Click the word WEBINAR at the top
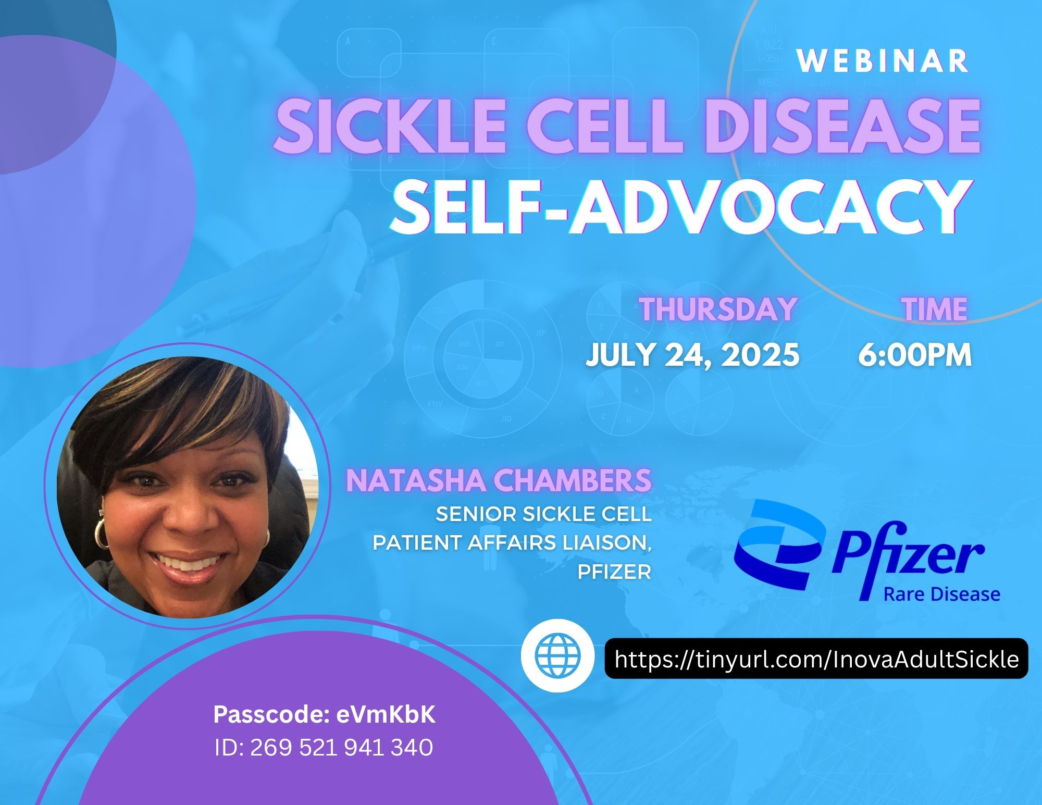coord(883,61)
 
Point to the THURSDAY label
coord(718,309)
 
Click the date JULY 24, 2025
coord(692,355)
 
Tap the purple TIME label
coord(936,309)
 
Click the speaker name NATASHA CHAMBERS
coord(499,480)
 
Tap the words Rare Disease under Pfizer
coord(942,594)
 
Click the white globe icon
coord(557,655)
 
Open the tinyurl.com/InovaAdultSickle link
coord(816,660)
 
